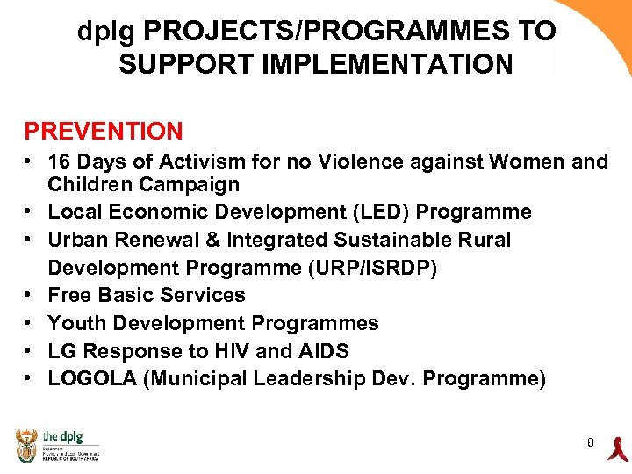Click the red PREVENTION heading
pyautogui.click(x=104, y=132)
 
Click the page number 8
pyautogui.click(x=591, y=443)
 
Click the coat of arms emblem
pyautogui.click(x=27, y=446)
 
